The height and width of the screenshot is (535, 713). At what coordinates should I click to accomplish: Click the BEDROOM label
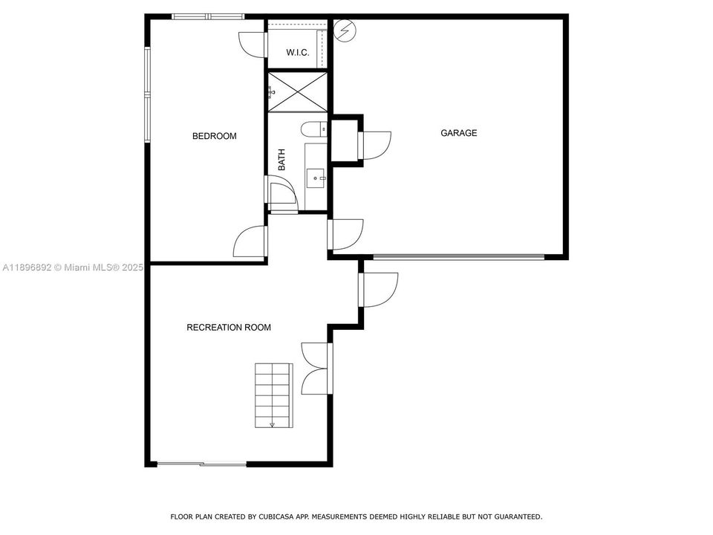pos(214,136)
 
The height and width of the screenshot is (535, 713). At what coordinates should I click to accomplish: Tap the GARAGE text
pos(458,133)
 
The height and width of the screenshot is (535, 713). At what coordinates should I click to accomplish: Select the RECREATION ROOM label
pos(228,327)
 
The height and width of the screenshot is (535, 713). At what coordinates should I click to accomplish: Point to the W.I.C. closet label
pos(298,53)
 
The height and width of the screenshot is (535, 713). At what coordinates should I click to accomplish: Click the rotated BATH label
pos(282,160)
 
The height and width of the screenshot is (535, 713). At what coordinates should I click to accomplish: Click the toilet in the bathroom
pos(316,129)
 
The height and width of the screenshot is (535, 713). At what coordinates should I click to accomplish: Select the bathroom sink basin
pos(316,178)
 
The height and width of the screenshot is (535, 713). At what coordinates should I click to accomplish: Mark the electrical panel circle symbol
pos(345,30)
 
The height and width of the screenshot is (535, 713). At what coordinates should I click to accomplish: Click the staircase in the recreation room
pos(273,395)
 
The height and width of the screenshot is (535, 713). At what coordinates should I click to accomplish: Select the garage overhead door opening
pos(458,257)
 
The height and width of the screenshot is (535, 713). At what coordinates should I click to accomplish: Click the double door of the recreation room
pos(316,368)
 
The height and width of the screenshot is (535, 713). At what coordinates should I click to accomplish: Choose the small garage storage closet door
pos(374,146)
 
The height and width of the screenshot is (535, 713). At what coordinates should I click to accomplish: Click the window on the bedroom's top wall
pos(207,16)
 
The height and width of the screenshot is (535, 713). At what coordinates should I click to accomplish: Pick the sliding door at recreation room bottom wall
pos(201,464)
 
